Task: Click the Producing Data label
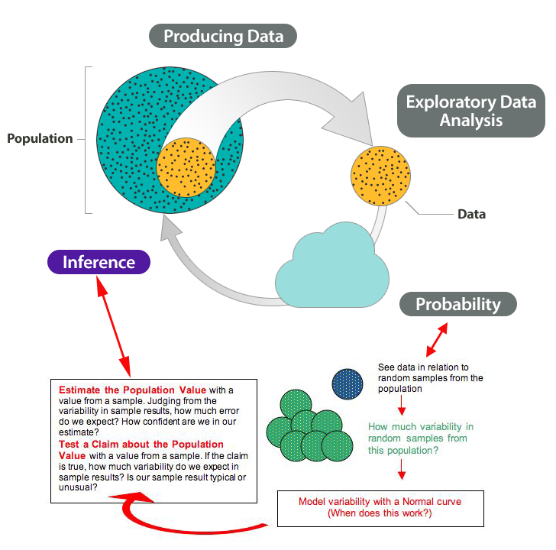223,36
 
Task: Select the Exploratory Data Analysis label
470,111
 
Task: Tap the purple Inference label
99,262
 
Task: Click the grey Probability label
457,304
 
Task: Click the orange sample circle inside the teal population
186,167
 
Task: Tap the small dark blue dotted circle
347,384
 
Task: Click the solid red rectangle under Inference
113,297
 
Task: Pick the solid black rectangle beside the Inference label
183,247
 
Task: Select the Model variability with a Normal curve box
380,507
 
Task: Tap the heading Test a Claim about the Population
141,444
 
